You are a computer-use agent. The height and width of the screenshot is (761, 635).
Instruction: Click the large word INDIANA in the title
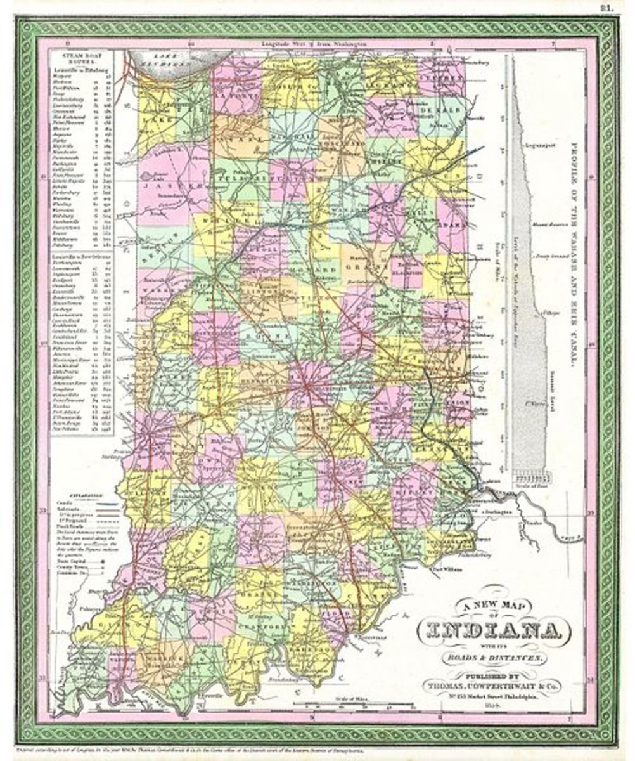pos(488,631)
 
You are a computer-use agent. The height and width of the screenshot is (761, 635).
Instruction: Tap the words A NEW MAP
pos(489,608)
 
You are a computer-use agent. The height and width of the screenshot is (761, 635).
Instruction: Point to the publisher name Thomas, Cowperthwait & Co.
pos(489,685)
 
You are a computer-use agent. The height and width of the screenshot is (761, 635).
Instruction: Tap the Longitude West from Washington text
pos(307,44)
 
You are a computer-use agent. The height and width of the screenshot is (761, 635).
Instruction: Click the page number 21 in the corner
pos(617,8)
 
